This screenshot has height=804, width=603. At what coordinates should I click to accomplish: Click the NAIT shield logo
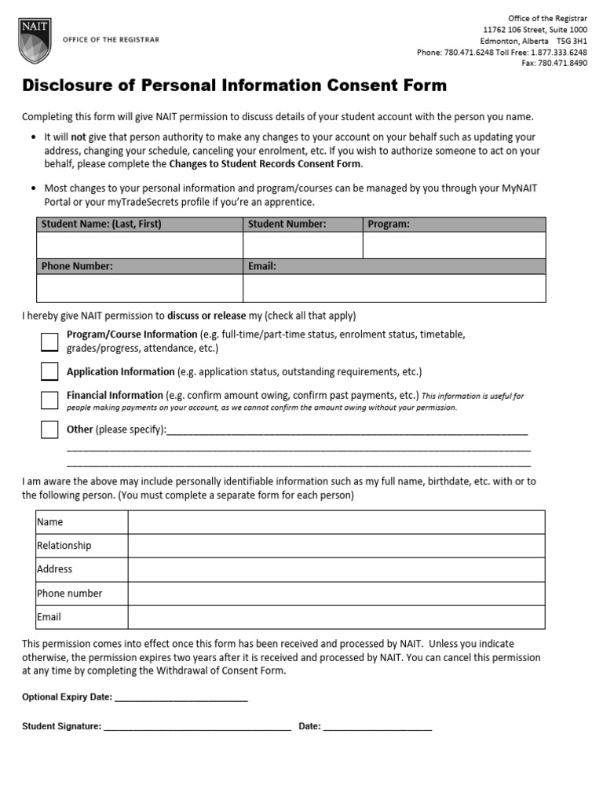coord(34,42)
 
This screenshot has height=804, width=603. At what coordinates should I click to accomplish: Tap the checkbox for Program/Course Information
coord(49,342)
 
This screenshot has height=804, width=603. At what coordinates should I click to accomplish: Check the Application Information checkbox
coord(49,371)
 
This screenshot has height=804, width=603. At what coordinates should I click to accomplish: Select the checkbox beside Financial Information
coord(49,400)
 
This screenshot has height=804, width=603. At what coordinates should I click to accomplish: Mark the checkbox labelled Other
coord(49,429)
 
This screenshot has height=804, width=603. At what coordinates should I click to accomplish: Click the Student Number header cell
coord(302,225)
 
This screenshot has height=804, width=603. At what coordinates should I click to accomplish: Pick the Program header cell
coord(454,225)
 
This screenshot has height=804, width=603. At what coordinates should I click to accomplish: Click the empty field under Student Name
coord(140,245)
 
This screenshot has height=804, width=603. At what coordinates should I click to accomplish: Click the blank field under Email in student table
coord(394,288)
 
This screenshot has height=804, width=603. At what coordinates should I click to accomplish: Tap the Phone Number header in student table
coord(140,266)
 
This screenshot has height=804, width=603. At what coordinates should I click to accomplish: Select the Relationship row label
coord(64,546)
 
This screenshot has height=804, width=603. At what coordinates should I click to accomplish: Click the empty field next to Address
coord(336,569)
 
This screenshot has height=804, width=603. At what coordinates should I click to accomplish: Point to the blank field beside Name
coord(336,522)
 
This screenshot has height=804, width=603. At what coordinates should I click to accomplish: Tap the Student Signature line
coord(197,727)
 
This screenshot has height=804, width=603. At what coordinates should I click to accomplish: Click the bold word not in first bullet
coord(79,137)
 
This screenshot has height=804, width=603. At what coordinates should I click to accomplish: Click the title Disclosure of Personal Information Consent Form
coord(234,86)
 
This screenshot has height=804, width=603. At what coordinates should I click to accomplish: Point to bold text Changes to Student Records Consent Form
coord(265,164)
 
